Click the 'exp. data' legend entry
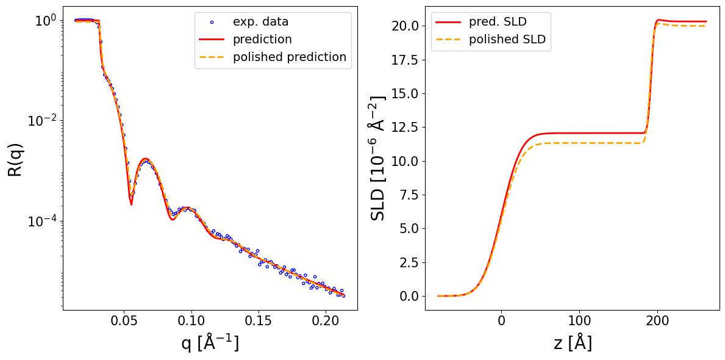pos(260,22)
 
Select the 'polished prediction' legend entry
pos(290,57)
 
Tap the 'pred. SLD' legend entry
pos(498,22)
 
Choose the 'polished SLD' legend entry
pos(507,40)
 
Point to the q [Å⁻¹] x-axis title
pos(210,343)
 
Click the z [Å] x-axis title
pos(573,343)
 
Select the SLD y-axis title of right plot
pos(378,157)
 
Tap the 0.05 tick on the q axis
pos(124,322)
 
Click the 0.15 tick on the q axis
pos(259,322)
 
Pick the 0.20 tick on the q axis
pos(326,322)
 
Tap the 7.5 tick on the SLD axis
pos(409,195)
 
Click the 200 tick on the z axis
pos(657,322)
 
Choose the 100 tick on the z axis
pos(579,322)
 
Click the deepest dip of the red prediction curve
pos(131,204)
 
